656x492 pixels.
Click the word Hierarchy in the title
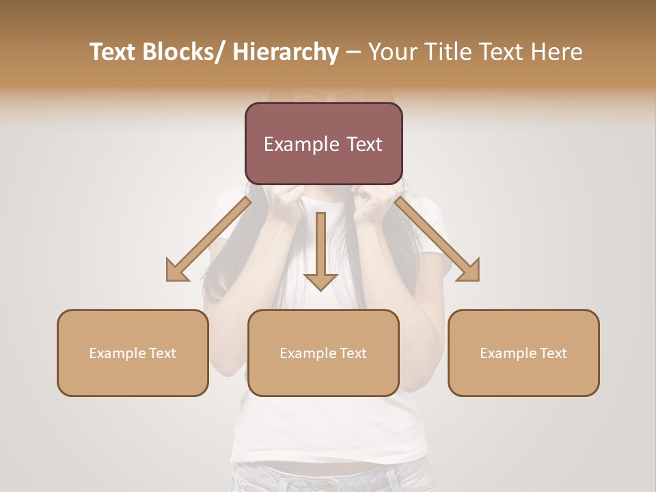point(285,52)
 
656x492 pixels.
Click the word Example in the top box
point(301,144)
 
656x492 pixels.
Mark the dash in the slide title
point(353,52)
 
